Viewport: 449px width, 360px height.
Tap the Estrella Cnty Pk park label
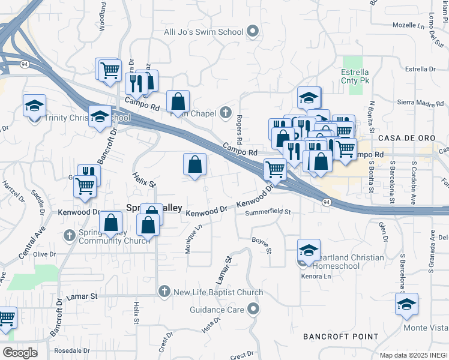click(358, 76)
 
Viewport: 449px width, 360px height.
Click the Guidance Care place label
click(216, 310)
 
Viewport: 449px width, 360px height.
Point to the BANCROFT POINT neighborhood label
click(340, 337)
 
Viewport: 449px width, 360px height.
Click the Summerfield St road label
click(268, 212)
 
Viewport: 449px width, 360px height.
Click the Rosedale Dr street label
click(71, 350)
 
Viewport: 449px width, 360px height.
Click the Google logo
click(20, 353)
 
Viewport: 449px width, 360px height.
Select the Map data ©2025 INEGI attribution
click(414, 355)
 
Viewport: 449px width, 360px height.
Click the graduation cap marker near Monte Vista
click(406, 304)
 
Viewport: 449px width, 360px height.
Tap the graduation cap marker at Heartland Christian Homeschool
click(309, 250)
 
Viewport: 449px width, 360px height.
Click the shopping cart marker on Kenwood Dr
click(85, 186)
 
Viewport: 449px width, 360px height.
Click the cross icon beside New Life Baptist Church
click(163, 292)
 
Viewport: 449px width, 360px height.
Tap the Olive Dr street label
click(44, 254)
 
